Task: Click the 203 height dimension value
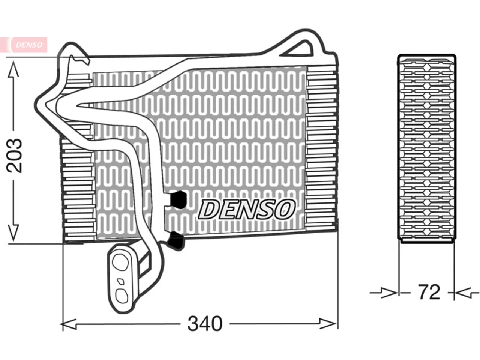point(14,156)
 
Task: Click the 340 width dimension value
point(205,324)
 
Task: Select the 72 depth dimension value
point(429,292)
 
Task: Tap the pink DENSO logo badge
point(29,45)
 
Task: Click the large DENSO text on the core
point(247,209)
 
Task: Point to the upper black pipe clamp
point(178,199)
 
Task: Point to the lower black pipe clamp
point(175,241)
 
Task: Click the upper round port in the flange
point(120,262)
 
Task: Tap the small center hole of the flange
point(121,282)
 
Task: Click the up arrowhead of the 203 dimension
point(13,69)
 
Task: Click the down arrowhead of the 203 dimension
point(13,232)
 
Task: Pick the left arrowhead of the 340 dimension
point(69,324)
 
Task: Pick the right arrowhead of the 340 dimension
point(327,324)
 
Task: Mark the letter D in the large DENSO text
point(208,210)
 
